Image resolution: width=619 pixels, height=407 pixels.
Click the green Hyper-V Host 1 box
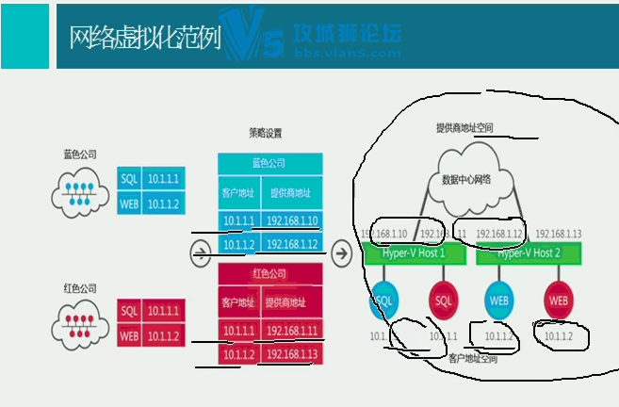point(413,253)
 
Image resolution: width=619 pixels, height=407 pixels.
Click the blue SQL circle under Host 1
point(383,301)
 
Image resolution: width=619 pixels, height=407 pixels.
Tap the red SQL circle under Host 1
point(442,301)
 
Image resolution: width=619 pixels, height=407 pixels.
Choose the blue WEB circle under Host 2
point(499,301)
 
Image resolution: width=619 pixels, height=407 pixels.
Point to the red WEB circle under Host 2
point(559,301)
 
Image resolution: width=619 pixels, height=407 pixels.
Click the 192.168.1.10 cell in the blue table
point(293,221)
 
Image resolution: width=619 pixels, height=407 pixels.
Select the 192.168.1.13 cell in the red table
point(293,353)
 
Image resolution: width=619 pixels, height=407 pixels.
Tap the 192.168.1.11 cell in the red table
point(293,330)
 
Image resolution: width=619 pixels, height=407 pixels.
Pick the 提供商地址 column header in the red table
point(290,302)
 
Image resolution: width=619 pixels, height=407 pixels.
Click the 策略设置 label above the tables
point(266,134)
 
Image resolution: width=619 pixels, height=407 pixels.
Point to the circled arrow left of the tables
point(200,252)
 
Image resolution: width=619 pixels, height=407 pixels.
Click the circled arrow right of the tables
point(342,252)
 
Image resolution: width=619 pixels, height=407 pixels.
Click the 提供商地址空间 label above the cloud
point(464,127)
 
